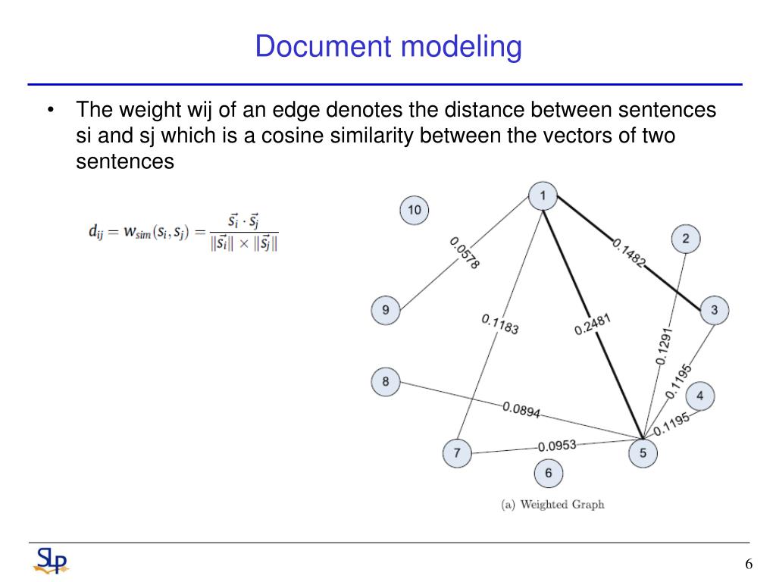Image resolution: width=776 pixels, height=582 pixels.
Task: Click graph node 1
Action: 543,198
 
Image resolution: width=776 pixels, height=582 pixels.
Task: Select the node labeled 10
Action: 414,210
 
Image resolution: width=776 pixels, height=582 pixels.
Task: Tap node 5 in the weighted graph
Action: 643,453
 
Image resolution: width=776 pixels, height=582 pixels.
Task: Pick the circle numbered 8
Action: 386,381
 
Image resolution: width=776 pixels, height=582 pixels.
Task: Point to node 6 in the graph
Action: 549,474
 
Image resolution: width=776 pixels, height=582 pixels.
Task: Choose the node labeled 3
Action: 714,310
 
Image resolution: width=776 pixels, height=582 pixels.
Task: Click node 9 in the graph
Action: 386,310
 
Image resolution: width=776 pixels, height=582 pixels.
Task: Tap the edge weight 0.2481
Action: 593,325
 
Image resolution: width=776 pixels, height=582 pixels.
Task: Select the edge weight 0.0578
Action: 465,253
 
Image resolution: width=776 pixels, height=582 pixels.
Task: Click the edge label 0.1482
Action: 629,253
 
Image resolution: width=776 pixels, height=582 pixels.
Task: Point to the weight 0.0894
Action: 521,410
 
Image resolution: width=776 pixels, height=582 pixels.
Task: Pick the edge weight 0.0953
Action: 557,446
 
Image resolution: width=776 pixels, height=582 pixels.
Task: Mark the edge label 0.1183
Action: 500,325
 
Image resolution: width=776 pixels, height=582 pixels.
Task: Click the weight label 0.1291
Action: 663,347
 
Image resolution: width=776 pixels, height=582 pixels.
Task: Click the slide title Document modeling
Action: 388,47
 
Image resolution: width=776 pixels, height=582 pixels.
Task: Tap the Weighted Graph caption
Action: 552,504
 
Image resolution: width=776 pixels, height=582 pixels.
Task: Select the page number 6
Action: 749,565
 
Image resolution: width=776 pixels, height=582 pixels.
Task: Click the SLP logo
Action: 51,561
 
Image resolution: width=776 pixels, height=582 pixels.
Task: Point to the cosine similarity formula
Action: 183,232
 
